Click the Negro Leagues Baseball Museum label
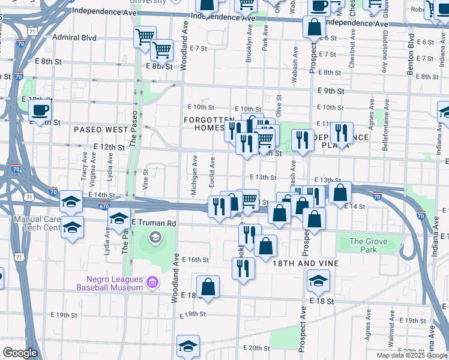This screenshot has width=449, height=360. tap(109, 283)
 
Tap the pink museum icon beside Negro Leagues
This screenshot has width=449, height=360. tap(152, 281)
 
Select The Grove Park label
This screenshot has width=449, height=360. tap(369, 245)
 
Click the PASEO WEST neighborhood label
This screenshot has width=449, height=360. tap(101, 130)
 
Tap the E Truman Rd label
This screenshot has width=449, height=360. tap(153, 223)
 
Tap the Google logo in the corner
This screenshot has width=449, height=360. tap(19, 353)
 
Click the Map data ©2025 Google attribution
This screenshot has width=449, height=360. tap(412, 355)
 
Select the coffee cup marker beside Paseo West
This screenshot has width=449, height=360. tap(40, 110)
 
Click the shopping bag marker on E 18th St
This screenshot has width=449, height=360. tap(208, 287)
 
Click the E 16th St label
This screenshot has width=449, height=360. tap(196, 260)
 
